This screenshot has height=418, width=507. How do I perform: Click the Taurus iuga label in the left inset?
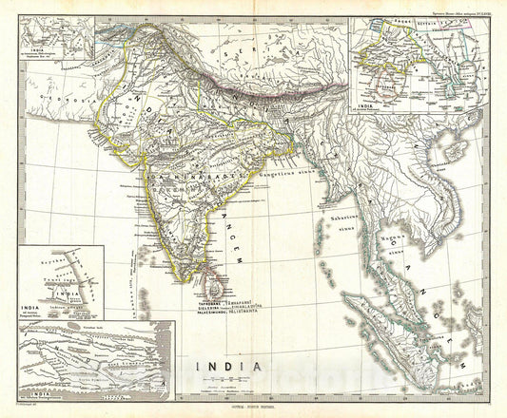coord(58,284)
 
